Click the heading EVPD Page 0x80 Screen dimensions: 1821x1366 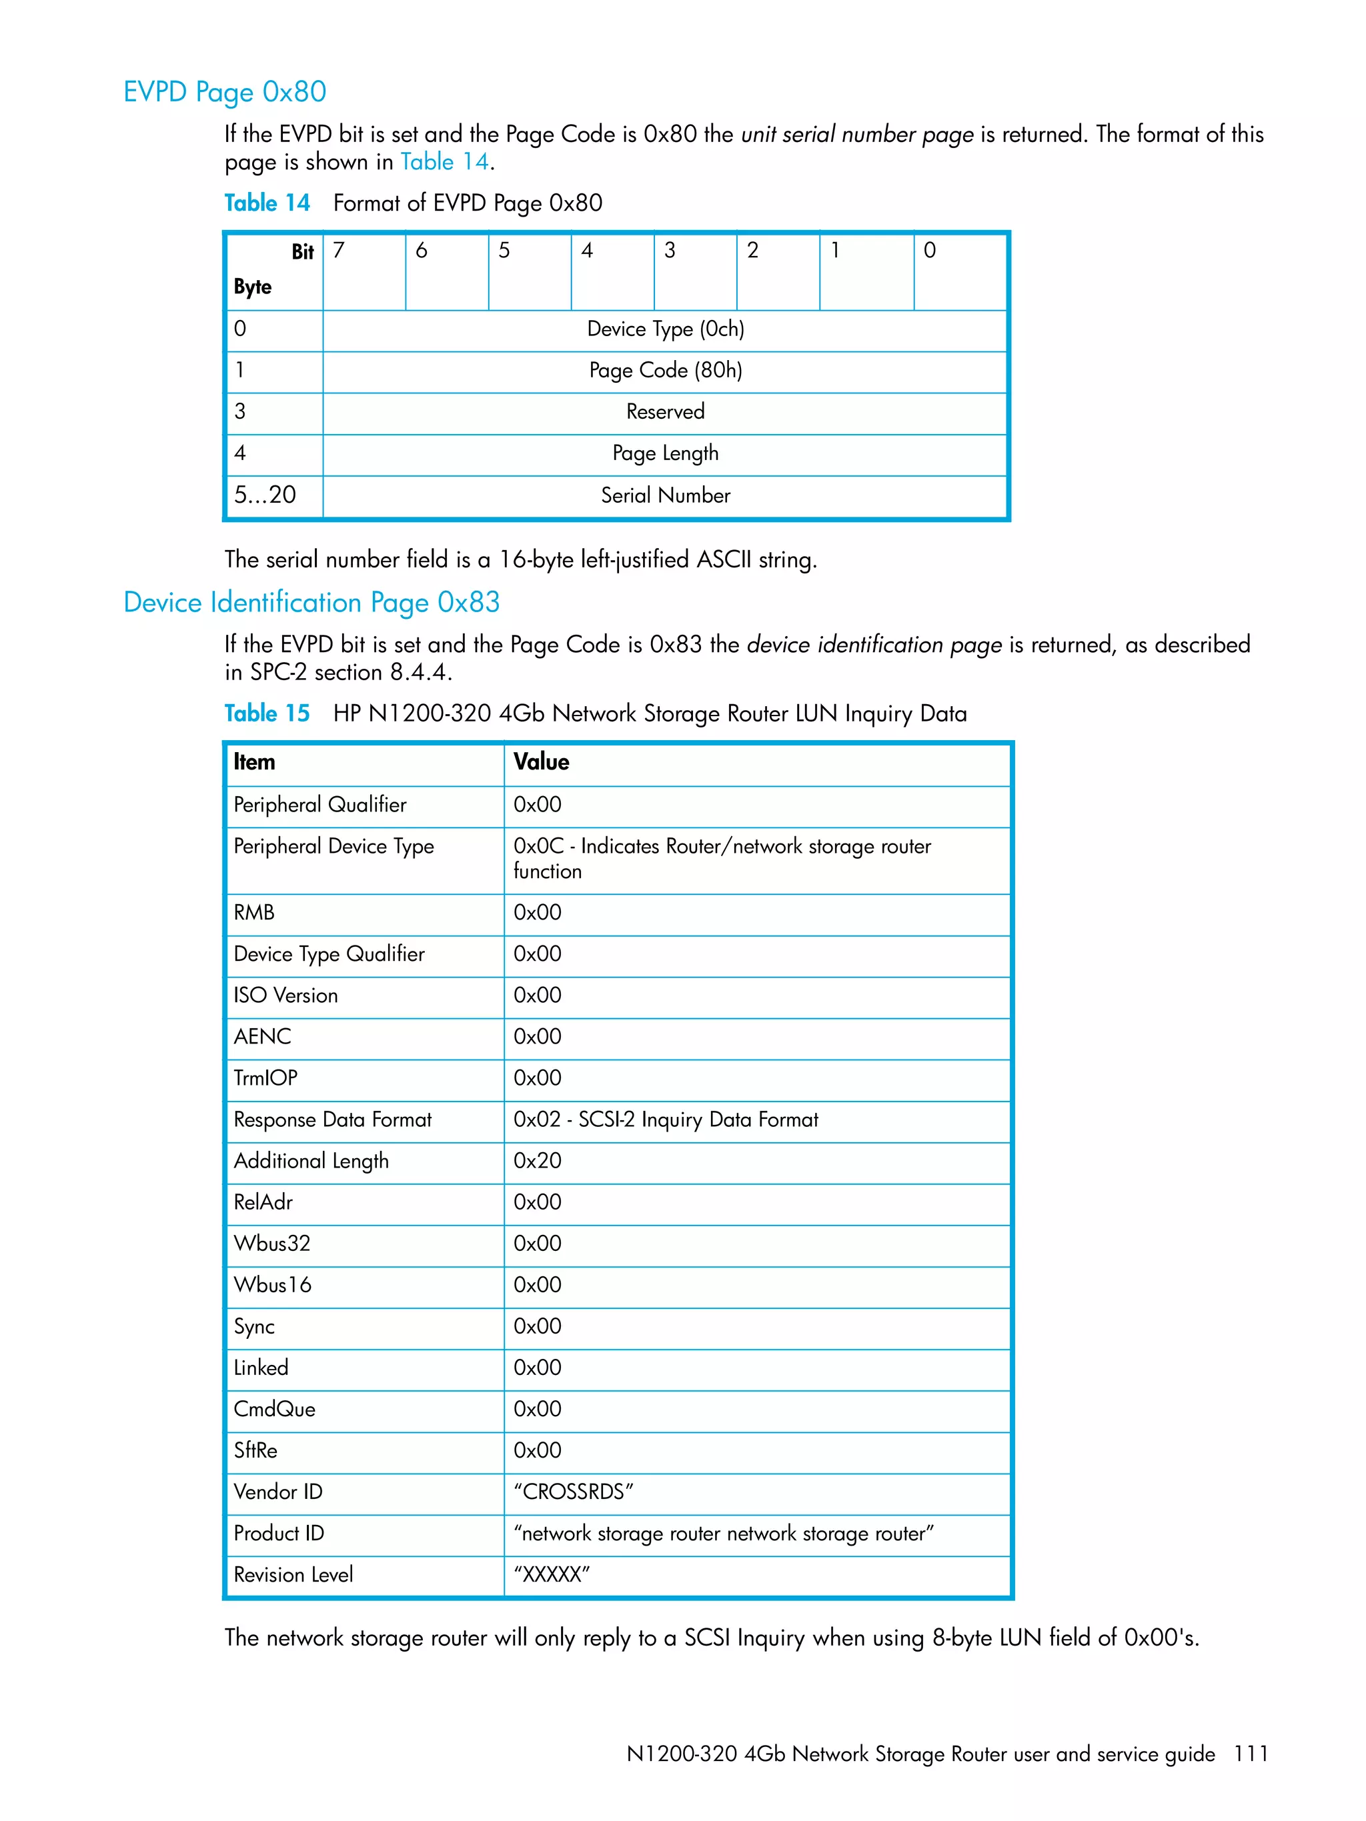pyautogui.click(x=224, y=91)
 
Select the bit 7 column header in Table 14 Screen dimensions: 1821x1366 pyautogui.click(x=338, y=250)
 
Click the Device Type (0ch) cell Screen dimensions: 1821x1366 pyautogui.click(x=664, y=329)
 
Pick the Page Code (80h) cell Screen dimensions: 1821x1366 pyautogui.click(x=664, y=371)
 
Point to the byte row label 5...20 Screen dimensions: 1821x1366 pyautogui.click(x=264, y=495)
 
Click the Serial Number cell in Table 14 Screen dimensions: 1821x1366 pyautogui.click(x=664, y=495)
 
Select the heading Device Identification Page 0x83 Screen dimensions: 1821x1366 pyautogui.click(x=311, y=603)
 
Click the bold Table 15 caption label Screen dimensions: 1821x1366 pyautogui.click(x=267, y=713)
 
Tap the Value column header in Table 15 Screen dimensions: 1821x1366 pyautogui.click(x=541, y=762)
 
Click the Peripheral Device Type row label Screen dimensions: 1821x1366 pyautogui.click(x=333, y=846)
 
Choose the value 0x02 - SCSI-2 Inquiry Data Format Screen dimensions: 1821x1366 pyautogui.click(x=665, y=1120)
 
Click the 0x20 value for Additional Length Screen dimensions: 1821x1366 pyautogui.click(x=537, y=1161)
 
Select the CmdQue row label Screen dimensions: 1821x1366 pyautogui.click(x=274, y=1410)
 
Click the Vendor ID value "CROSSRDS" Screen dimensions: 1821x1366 pyautogui.click(x=573, y=1492)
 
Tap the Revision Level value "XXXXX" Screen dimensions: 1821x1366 pyautogui.click(x=551, y=1575)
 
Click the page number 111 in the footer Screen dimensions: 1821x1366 pyautogui.click(x=1249, y=1754)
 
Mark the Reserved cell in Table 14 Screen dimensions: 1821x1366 pyautogui.click(x=664, y=411)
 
